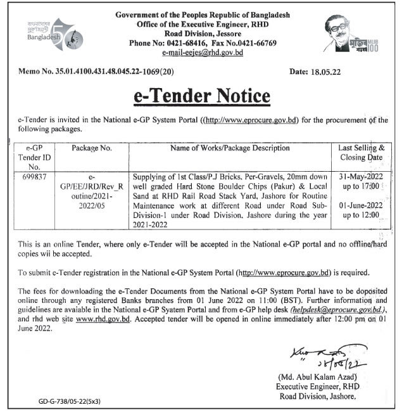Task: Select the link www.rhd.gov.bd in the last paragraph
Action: (103, 319)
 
